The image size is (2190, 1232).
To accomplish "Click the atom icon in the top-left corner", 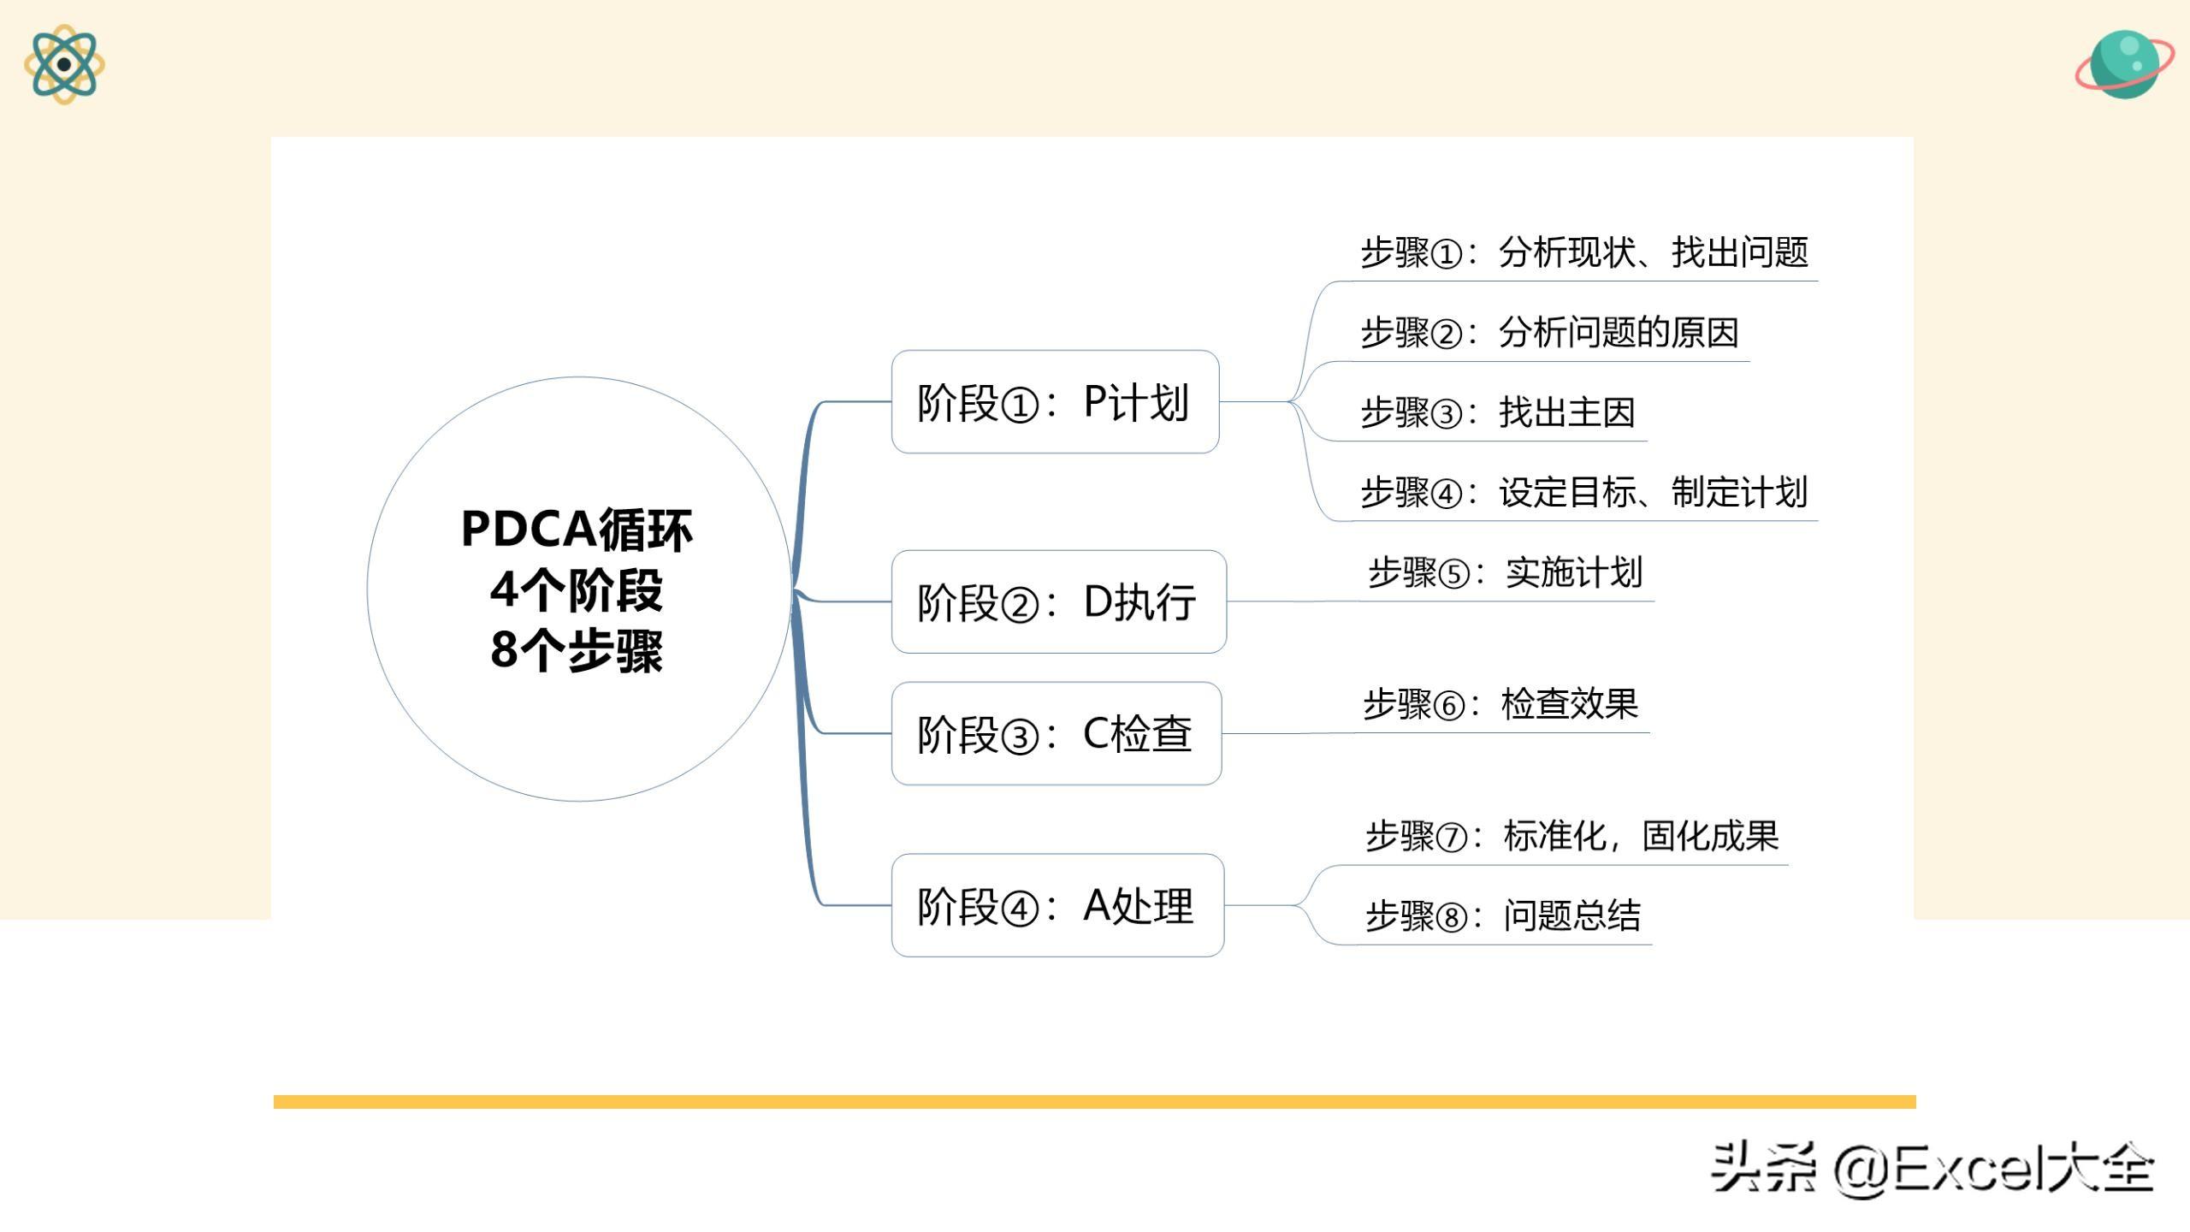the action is (64, 64).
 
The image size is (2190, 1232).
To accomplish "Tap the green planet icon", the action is (2124, 65).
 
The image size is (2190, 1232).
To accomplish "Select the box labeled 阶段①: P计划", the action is (1055, 401).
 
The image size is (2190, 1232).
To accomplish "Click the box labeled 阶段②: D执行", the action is (1059, 601).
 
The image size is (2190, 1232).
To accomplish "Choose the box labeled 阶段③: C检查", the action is (1057, 733).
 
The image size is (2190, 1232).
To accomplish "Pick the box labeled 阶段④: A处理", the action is (1057, 905).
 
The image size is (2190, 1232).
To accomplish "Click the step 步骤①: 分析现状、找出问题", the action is (1584, 252).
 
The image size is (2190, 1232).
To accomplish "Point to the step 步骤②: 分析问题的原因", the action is (1550, 332).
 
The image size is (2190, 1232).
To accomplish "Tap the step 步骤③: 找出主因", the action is (1498, 412).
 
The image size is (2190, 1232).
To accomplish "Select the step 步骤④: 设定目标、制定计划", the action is (1584, 492).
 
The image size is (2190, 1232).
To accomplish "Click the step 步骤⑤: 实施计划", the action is (1506, 572).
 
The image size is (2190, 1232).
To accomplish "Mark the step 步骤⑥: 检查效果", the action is (1500, 704).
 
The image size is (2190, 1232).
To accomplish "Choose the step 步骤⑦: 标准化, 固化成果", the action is (1572, 836).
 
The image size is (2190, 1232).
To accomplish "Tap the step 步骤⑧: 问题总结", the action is (1503, 915).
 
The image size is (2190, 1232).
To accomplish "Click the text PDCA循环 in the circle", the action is (577, 529).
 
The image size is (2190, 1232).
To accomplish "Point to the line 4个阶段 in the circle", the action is (577, 589).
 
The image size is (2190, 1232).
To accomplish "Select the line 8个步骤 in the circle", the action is (577, 650).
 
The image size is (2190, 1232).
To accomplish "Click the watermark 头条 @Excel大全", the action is (1932, 1169).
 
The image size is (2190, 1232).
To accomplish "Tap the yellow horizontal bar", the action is (1094, 1102).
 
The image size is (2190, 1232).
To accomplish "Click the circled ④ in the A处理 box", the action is (1019, 909).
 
